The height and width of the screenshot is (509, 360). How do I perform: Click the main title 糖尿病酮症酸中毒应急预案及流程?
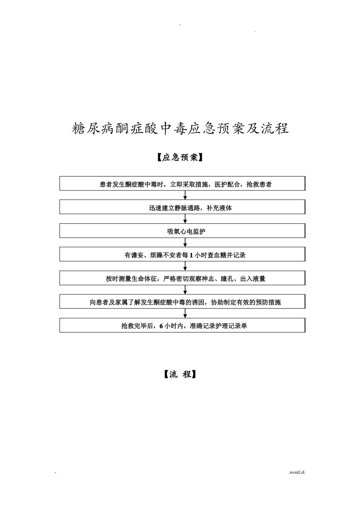180,129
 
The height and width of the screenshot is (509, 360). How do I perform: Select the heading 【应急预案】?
180,157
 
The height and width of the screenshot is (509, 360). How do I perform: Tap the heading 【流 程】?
180,375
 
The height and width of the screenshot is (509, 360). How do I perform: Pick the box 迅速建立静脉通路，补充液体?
182,207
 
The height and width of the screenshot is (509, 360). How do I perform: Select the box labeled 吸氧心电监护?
182,231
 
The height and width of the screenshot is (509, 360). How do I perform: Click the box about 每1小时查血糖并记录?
182,254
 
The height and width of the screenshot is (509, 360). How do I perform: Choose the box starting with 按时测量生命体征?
182,278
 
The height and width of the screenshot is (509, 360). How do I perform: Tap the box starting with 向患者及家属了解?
182,302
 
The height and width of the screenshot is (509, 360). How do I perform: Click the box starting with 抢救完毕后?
182,325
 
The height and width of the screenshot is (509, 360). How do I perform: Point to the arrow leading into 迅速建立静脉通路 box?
185,195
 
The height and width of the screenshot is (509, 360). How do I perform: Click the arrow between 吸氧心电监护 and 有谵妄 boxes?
185,242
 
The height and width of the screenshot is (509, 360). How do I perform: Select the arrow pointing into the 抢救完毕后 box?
185,313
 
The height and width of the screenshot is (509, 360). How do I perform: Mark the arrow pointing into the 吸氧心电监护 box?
185,219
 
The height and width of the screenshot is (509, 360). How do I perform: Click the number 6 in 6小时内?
161,326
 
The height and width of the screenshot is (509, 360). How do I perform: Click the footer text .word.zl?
297,472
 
